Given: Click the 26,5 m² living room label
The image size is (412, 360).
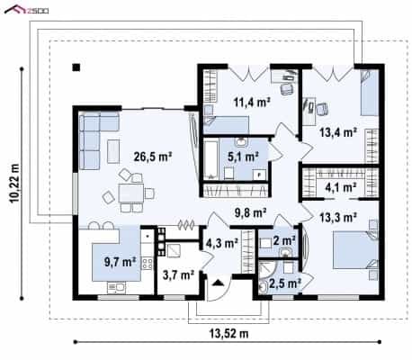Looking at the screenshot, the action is [153, 157].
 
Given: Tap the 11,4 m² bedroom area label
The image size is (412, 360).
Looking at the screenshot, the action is [252, 103].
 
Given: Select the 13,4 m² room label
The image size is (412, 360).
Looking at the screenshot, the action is [338, 132].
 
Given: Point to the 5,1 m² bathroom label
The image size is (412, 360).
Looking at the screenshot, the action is [243, 157].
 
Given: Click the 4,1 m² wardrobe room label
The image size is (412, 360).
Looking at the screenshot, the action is [341, 187].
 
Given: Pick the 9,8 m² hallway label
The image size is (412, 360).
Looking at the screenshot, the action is [251, 213].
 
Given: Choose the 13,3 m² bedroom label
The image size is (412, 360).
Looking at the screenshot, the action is [338, 217].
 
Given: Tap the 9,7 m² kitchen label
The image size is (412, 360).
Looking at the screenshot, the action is [120, 262].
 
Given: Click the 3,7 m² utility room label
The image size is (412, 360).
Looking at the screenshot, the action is [178, 274].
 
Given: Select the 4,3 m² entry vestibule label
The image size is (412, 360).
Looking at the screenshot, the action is [222, 243].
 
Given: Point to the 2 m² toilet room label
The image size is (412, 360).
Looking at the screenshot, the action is [284, 240].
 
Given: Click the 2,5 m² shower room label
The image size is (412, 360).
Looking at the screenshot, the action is [285, 283].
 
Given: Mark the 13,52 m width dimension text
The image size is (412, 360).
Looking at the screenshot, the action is [228, 333].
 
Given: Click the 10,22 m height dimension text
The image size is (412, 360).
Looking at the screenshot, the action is [14, 184].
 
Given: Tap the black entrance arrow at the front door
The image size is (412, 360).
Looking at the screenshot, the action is [218, 283].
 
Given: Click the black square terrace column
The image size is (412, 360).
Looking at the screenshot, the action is [76, 67].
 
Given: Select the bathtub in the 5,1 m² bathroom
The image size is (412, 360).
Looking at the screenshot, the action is [211, 159].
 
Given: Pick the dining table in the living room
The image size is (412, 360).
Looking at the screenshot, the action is [130, 193].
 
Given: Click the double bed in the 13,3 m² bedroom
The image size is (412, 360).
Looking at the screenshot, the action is [355, 250].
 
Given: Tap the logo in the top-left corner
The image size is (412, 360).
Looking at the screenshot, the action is [26, 10].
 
